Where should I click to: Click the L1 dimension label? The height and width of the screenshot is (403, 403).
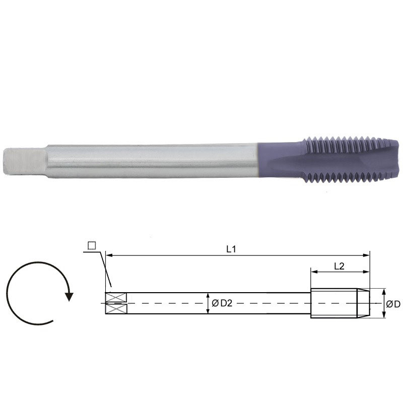click(x=231, y=248)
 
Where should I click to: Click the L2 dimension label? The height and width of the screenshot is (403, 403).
click(x=339, y=267)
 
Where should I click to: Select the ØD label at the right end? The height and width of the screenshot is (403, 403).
click(x=393, y=304)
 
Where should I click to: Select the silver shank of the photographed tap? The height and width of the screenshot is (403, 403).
click(x=151, y=161)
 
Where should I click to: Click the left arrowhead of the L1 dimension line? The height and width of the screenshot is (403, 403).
click(x=108, y=256)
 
